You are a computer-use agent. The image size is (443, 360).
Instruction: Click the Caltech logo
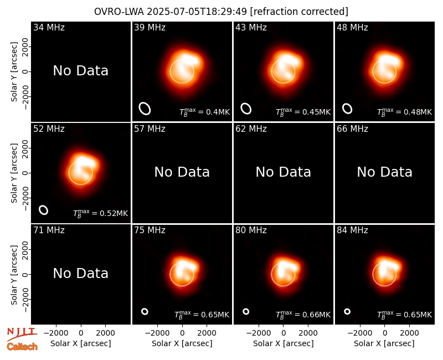click(x=22, y=347)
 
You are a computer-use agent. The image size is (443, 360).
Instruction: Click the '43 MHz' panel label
click(x=251, y=27)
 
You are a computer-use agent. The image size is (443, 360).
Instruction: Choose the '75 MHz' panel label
click(x=150, y=230)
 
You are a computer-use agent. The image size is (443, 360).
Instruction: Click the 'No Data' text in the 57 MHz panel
click(x=182, y=172)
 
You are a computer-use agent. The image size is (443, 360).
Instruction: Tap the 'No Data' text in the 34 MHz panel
click(x=81, y=71)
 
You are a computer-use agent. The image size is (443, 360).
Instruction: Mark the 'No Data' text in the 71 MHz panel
click(x=81, y=273)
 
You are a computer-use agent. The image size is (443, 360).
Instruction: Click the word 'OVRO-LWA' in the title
click(x=119, y=12)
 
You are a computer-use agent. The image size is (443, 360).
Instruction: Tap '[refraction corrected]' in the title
click(x=299, y=12)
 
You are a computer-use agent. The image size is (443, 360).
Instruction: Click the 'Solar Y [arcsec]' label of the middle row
click(x=14, y=173)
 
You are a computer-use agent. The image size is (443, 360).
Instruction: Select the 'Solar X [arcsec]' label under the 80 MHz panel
click(x=284, y=343)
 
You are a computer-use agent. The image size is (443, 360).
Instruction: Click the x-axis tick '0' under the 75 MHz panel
click(x=182, y=333)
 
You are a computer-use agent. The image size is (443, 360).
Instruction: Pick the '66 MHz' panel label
click(x=352, y=129)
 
